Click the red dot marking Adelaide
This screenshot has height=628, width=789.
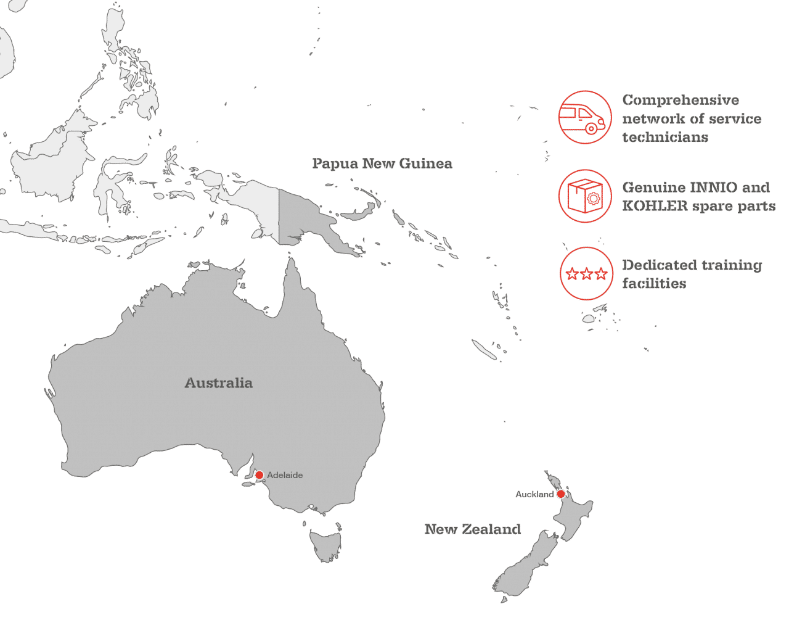coord(260,475)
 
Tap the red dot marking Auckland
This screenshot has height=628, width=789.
coord(560,494)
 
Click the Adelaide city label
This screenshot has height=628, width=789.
coord(285,476)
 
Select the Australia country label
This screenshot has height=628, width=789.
coord(219,382)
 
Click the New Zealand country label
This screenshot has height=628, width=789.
coord(473,529)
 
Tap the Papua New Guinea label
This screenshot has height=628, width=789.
coord(382,163)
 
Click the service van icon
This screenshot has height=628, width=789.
coord(585,118)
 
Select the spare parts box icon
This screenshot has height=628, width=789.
coord(585,196)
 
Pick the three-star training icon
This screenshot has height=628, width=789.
coord(586,274)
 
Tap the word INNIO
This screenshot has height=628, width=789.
coord(700,187)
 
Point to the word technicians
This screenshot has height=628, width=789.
coord(665,137)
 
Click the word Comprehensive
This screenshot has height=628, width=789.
coord(680,100)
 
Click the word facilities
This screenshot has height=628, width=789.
coord(653,284)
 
